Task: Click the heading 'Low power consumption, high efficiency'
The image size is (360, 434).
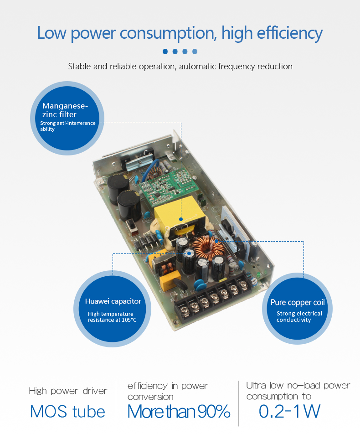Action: [180, 33]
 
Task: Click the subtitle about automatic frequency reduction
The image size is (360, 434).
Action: [180, 67]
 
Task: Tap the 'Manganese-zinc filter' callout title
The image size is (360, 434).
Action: [65, 110]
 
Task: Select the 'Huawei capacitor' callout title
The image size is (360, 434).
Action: [113, 301]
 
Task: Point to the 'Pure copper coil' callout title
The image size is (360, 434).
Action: [298, 303]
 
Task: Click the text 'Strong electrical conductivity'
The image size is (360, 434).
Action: [299, 317]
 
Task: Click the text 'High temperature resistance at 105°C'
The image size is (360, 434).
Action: [112, 317]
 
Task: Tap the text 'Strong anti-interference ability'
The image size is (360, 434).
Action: [67, 126]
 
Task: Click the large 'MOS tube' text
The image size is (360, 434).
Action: [67, 411]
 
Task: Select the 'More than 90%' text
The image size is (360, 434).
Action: [179, 411]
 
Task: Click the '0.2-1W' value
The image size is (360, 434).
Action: [289, 411]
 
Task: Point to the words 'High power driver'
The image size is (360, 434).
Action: [68, 391]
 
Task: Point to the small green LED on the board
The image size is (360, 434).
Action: [258, 275]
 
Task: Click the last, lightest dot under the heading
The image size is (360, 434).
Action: [195, 52]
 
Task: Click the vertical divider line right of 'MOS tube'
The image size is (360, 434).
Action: [116, 403]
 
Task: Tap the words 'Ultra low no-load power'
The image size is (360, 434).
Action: [298, 386]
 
